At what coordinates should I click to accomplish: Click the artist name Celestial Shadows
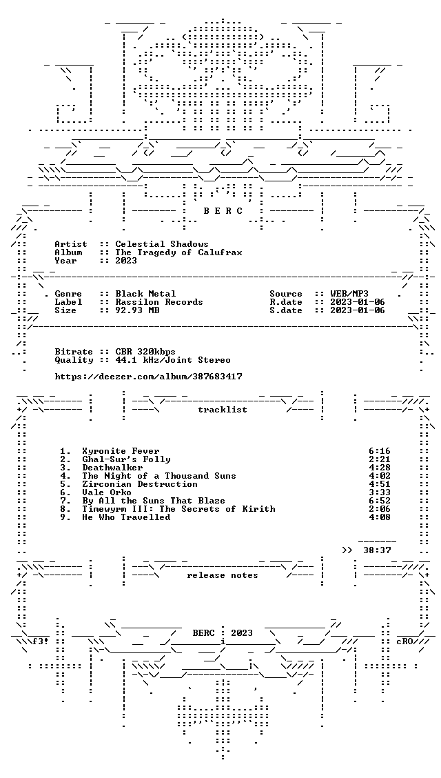point(161,244)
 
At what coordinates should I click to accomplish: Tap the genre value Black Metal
point(145,294)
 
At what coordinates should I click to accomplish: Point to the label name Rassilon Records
point(159,302)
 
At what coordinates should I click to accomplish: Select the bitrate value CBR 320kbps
point(145,352)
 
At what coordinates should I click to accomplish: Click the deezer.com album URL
point(149,377)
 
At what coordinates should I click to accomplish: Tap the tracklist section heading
point(223,409)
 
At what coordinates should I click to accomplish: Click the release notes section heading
point(223,575)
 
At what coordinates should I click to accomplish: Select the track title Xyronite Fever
point(121,451)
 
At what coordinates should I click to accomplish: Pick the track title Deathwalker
point(112,468)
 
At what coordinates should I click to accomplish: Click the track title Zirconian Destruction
point(140,483)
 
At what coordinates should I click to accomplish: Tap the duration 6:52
point(380,501)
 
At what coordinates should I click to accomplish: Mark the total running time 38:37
point(377,550)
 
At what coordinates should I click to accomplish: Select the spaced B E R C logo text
point(223,211)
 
